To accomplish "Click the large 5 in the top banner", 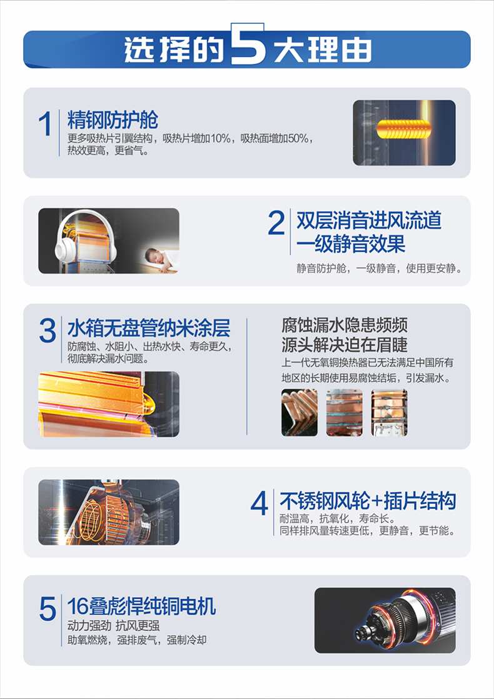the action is click(248, 44).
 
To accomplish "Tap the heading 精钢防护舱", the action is click(113, 120).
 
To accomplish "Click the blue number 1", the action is click(45, 124).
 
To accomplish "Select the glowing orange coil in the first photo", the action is click(404, 129).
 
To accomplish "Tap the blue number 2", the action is click(276, 223).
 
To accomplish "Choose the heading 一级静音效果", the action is click(351, 244).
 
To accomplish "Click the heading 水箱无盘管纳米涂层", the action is click(149, 328).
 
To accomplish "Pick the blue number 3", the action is click(48, 331).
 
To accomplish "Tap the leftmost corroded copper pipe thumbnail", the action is click(299, 413).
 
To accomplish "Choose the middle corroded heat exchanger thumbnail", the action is click(344, 413).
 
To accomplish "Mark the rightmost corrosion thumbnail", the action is click(389, 413).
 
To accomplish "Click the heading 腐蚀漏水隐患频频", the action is click(344, 325).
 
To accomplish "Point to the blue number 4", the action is click(259, 503).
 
